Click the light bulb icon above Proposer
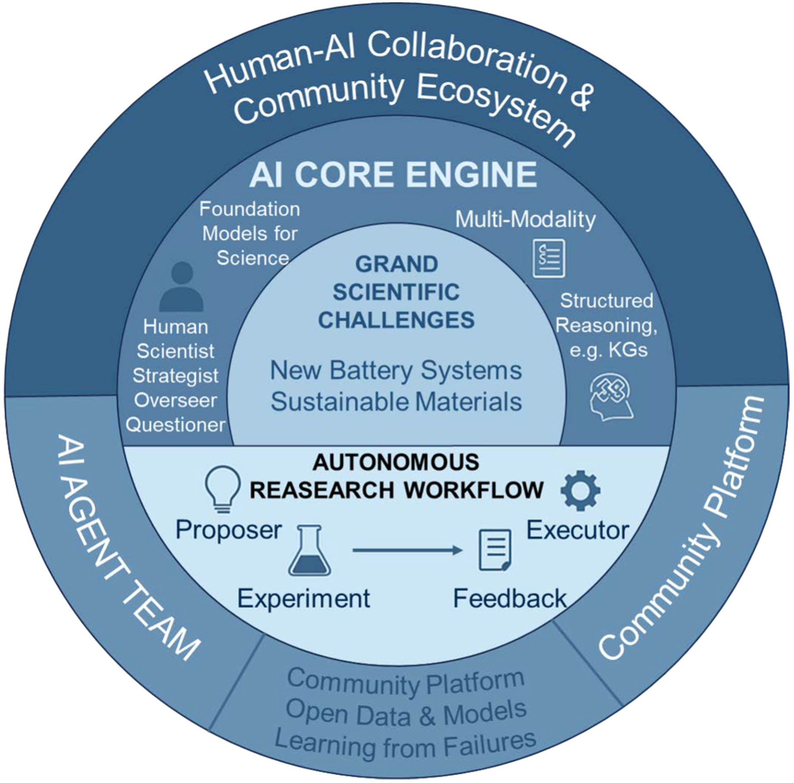222,489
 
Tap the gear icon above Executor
580,490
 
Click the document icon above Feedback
495,550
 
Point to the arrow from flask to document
407,550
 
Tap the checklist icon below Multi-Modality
548,259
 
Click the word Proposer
229,529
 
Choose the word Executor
578,530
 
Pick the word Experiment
304,598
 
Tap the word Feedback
510,598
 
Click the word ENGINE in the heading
471,174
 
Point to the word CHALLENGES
396,320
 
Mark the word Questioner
175,425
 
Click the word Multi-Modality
525,220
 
